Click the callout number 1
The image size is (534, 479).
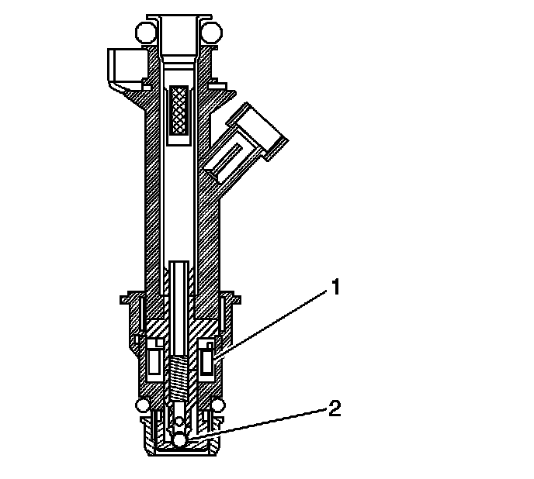[335, 289]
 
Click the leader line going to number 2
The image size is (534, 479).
[264, 423]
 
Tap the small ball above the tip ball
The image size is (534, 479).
[180, 422]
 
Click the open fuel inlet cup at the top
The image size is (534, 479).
[179, 31]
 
